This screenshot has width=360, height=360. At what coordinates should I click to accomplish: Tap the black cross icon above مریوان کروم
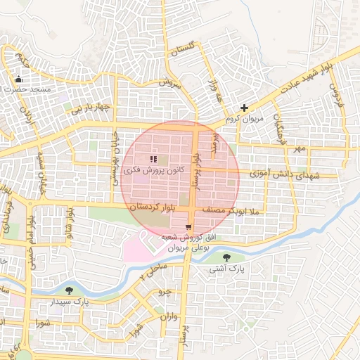[x=244, y=108]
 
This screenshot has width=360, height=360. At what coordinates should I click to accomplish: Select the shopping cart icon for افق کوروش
[x=188, y=226]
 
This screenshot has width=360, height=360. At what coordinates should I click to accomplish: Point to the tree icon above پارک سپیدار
[x=70, y=290]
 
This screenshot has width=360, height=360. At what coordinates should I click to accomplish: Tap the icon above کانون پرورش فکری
[x=154, y=159]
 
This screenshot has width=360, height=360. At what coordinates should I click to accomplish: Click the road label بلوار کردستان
[x=151, y=209]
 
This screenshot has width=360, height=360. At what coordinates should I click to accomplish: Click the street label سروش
[x=169, y=82]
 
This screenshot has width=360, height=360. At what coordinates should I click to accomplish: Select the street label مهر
[x=300, y=149]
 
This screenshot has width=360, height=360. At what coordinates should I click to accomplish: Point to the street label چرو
[x=164, y=291]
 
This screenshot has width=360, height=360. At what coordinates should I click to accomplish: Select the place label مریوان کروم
[x=243, y=119]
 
